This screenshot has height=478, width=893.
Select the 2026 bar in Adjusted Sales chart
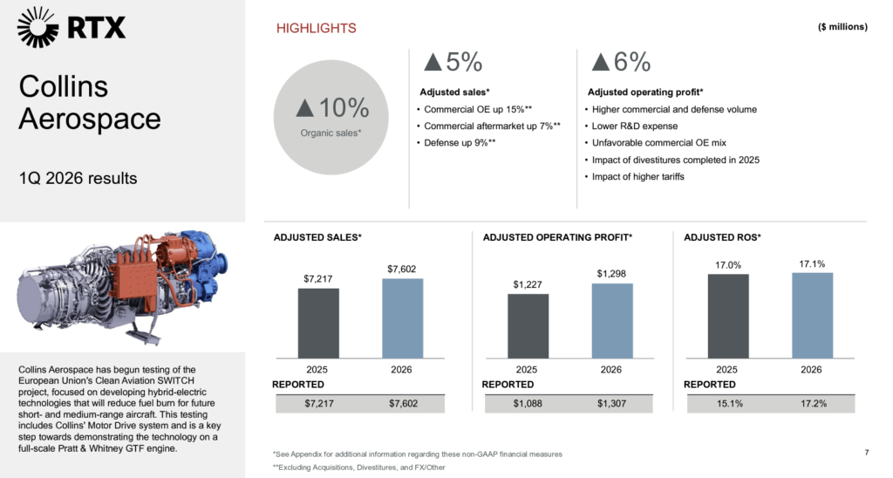tap(402, 318)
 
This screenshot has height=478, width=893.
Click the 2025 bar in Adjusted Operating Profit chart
tap(528, 324)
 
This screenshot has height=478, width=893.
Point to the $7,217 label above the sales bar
tap(318, 278)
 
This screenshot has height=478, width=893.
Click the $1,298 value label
tap(611, 273)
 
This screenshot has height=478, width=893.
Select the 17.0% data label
tap(728, 264)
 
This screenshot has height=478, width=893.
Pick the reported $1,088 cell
tap(528, 404)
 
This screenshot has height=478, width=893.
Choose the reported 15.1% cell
tap(728, 404)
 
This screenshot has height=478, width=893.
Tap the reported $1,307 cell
tap(611, 404)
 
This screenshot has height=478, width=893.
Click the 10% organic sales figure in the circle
tap(332, 108)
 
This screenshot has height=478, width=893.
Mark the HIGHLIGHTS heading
tap(316, 28)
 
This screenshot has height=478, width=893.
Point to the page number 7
tap(866, 452)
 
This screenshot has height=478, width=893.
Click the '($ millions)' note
tap(842, 27)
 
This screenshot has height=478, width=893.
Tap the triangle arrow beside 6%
tap(600, 62)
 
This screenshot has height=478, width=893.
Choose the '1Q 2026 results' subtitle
tap(78, 179)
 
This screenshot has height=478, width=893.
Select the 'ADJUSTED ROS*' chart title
tap(722, 236)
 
